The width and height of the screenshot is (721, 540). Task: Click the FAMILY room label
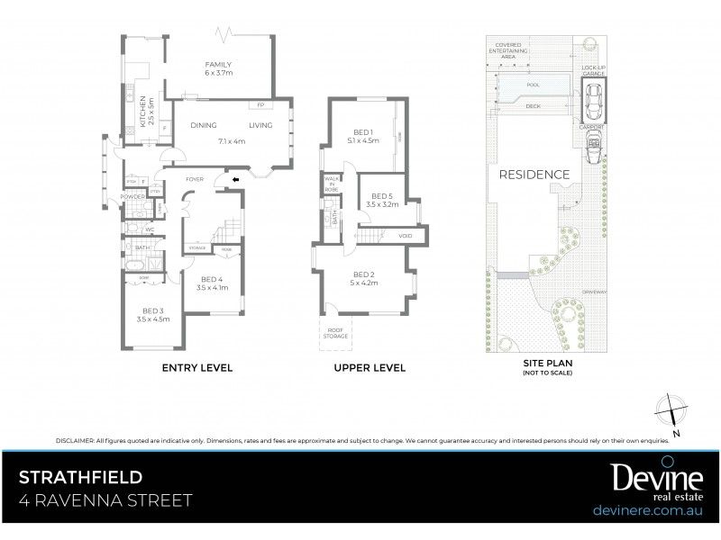point(218,65)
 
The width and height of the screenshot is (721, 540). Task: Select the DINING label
point(203,126)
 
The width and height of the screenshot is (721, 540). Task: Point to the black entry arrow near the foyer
point(236,179)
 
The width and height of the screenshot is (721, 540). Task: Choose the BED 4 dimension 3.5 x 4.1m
point(214,288)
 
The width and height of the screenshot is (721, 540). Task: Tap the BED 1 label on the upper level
point(367,130)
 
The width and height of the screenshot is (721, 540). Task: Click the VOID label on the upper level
point(404,236)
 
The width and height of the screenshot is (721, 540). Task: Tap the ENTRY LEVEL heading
point(197,367)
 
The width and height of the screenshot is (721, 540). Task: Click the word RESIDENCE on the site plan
point(535,175)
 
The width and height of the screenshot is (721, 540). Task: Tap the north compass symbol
point(671,410)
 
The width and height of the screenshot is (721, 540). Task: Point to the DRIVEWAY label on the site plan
point(592,291)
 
